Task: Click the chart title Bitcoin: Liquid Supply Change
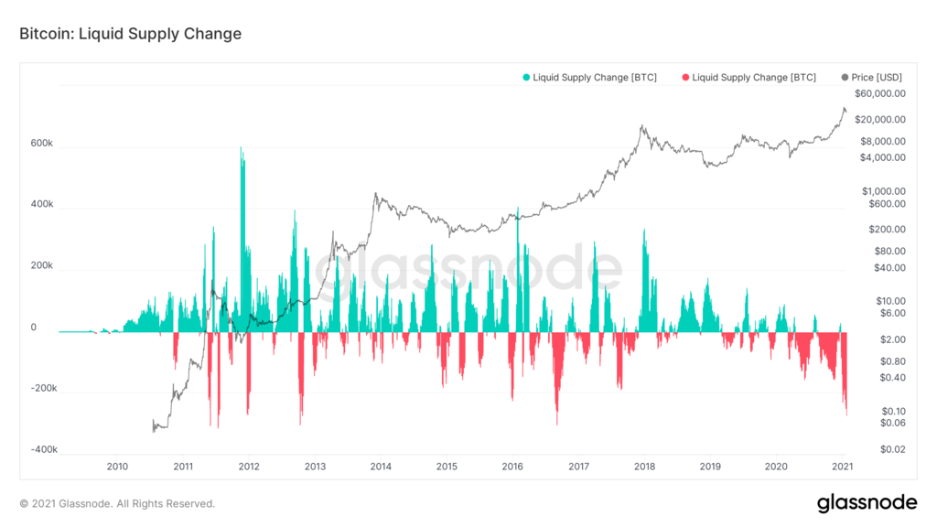[x=130, y=34]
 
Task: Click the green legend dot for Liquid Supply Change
[x=525, y=78]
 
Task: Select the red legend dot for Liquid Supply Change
[x=684, y=78]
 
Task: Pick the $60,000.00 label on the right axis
[x=879, y=93]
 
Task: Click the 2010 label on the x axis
[x=117, y=467]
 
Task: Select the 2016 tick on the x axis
[x=512, y=467]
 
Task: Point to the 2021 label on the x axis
[x=842, y=467]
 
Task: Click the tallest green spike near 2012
[x=242, y=148]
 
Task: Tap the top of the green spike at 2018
[x=644, y=231]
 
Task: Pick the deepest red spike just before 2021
[x=846, y=414]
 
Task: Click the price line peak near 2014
[x=375, y=194]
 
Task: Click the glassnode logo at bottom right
[x=866, y=502]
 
